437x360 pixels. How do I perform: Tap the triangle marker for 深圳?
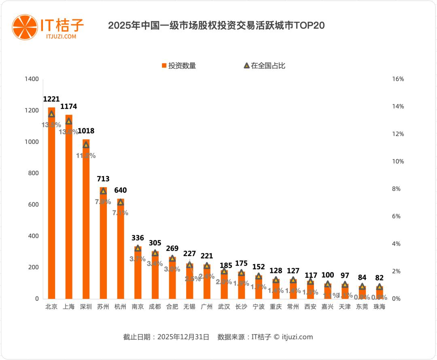[x=86, y=145]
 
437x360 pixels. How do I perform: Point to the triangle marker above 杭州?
[x=121, y=202]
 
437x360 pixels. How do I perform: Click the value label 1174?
[x=68, y=107]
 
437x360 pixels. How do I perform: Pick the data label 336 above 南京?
[x=138, y=237]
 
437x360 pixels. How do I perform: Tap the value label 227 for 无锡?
[x=189, y=254]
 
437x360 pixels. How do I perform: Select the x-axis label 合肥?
[x=172, y=307]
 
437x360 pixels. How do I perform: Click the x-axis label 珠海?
[x=379, y=307]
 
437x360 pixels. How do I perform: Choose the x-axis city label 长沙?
[x=241, y=307]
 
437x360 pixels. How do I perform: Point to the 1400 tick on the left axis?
[x=31, y=79]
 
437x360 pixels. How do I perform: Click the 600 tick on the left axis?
[x=33, y=204]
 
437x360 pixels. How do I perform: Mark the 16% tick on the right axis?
[x=398, y=79]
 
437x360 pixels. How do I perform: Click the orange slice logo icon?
[x=24, y=27]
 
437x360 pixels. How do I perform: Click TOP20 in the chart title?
[x=310, y=26]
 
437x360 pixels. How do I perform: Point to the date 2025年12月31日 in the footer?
[x=183, y=337]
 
